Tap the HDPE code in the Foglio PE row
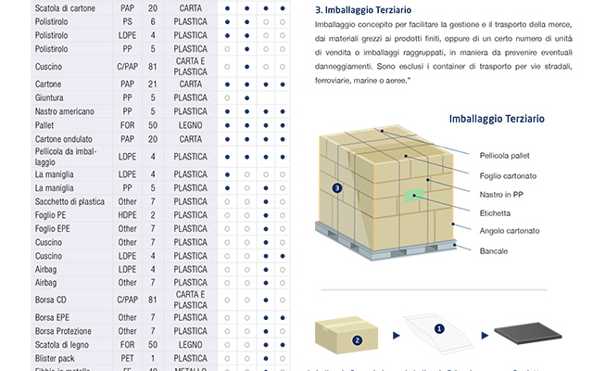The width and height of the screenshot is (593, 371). pyautogui.click(x=127, y=215)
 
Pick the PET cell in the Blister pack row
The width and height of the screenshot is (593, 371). pyautogui.click(x=127, y=358)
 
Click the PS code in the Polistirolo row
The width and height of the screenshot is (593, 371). pyautogui.click(x=127, y=20)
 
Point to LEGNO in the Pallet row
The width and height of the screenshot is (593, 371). pyautogui.click(x=191, y=124)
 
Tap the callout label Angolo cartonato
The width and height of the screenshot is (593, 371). pyautogui.click(x=510, y=230)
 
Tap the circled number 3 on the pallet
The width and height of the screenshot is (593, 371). pyautogui.click(x=337, y=187)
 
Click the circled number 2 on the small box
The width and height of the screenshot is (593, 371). pyautogui.click(x=357, y=339)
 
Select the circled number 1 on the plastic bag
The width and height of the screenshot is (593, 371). pyautogui.click(x=439, y=327)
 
